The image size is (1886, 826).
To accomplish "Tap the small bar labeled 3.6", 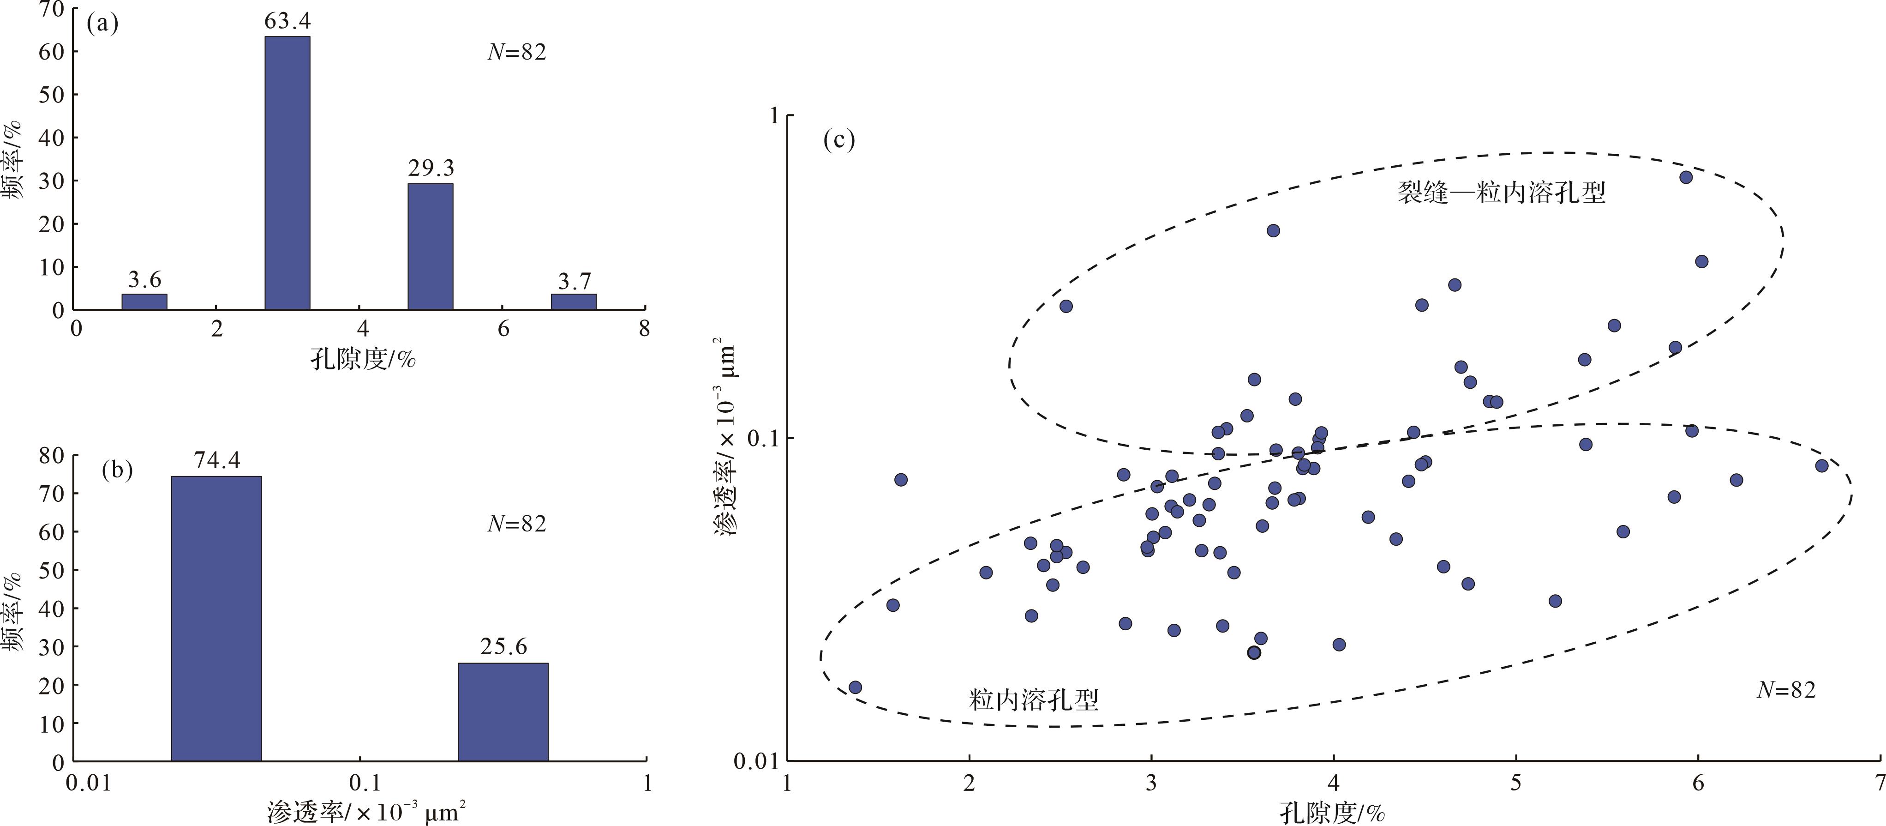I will tap(144, 301).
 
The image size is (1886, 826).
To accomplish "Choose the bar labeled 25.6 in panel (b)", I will tap(503, 712).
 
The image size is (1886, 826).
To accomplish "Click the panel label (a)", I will tap(102, 24).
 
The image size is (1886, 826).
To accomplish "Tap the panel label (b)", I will tap(117, 470).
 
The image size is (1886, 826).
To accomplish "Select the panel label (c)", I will tap(839, 139).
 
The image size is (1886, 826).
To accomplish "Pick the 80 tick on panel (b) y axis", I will tap(51, 455).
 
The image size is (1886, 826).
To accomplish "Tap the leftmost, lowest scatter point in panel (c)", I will tap(855, 687).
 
